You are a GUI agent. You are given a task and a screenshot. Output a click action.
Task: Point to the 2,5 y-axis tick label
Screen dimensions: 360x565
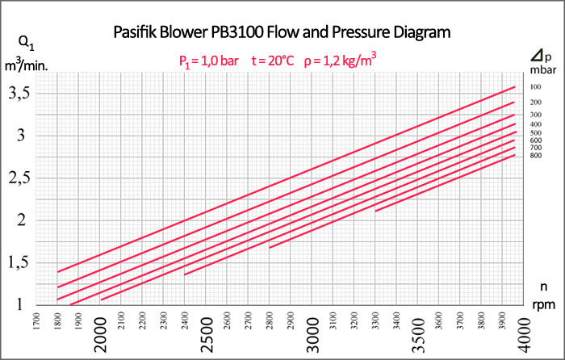[x=20, y=178]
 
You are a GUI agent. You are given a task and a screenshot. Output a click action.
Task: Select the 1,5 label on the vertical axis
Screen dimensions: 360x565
[x=20, y=262]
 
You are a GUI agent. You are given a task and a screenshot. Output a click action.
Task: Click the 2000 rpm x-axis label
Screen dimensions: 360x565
[x=101, y=331]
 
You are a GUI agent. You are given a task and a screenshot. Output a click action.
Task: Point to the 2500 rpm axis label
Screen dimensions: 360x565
[x=207, y=331]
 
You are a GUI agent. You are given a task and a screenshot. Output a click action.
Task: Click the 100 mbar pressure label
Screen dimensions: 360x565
[x=534, y=87]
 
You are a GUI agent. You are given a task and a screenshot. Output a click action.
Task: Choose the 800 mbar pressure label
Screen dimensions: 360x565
[x=534, y=155]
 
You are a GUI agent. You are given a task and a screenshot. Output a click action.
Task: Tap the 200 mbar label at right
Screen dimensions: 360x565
[x=534, y=103]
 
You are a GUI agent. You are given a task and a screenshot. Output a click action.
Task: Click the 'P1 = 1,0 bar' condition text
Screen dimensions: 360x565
[x=208, y=60]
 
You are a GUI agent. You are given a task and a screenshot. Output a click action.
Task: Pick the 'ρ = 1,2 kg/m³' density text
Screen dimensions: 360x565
[x=341, y=59]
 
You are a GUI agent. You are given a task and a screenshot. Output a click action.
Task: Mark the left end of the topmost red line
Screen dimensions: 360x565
[x=58, y=271]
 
